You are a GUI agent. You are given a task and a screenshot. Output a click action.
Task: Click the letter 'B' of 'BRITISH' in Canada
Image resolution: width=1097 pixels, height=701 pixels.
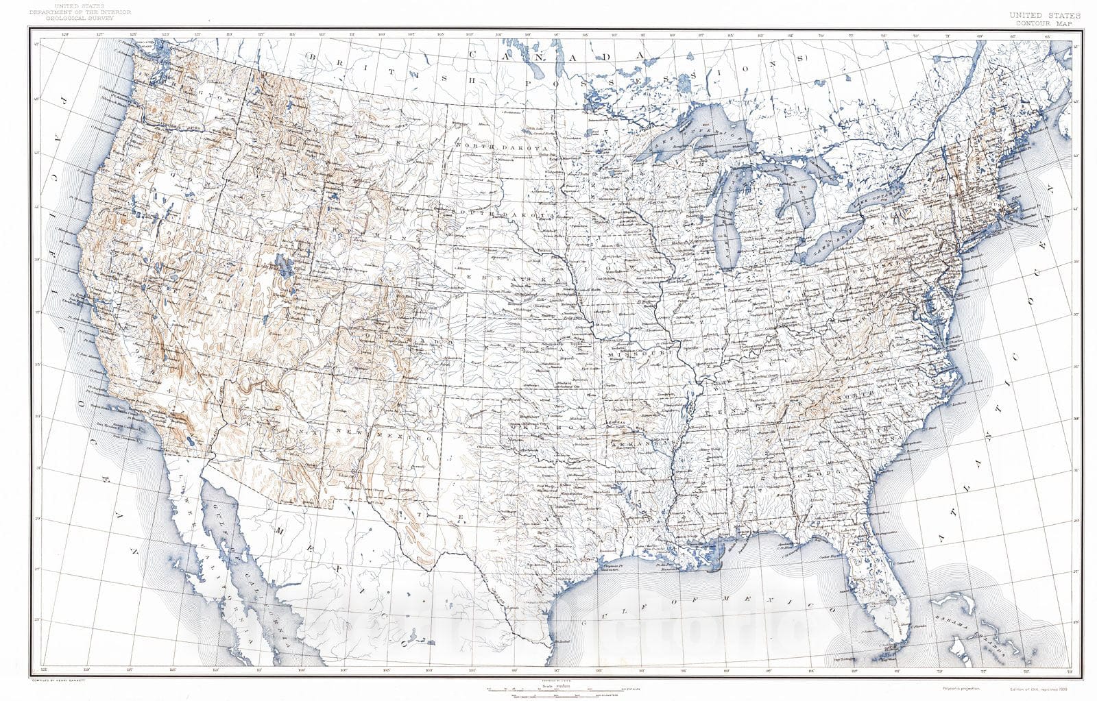click(312, 56)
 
